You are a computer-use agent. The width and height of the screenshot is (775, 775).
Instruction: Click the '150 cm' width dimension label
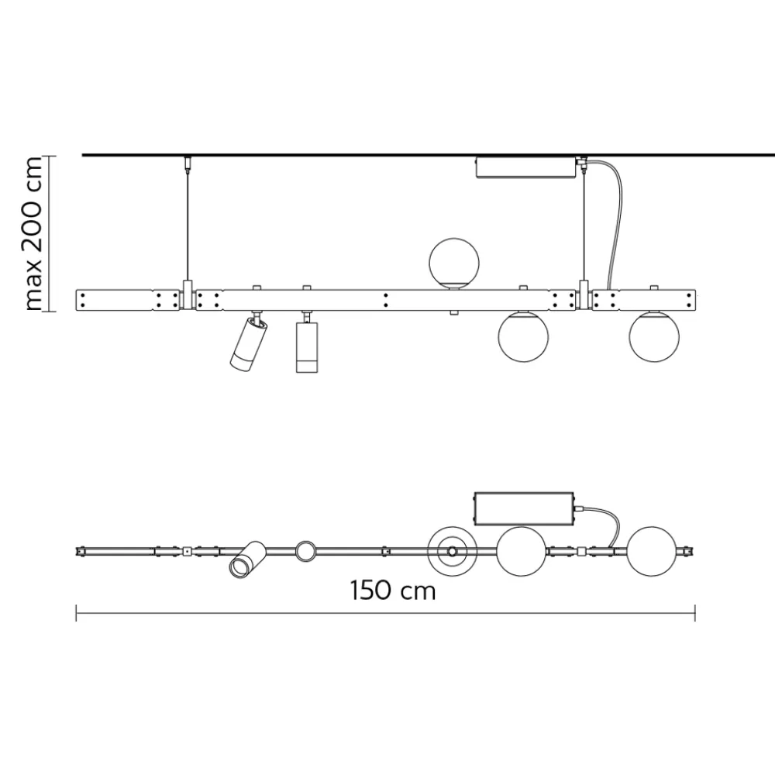point(392,591)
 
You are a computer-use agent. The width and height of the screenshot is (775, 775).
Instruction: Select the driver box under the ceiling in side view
point(526,167)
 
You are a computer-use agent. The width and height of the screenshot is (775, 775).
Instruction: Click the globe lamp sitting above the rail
point(456,263)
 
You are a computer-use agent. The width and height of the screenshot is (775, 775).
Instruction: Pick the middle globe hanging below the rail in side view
point(523,336)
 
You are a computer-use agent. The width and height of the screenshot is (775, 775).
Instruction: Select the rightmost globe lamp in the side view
point(655,336)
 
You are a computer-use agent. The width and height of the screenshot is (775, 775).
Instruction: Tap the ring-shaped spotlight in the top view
point(305,552)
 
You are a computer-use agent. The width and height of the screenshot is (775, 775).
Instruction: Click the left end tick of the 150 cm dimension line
point(76,613)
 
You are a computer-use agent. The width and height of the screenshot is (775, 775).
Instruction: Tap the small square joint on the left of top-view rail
point(187,552)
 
